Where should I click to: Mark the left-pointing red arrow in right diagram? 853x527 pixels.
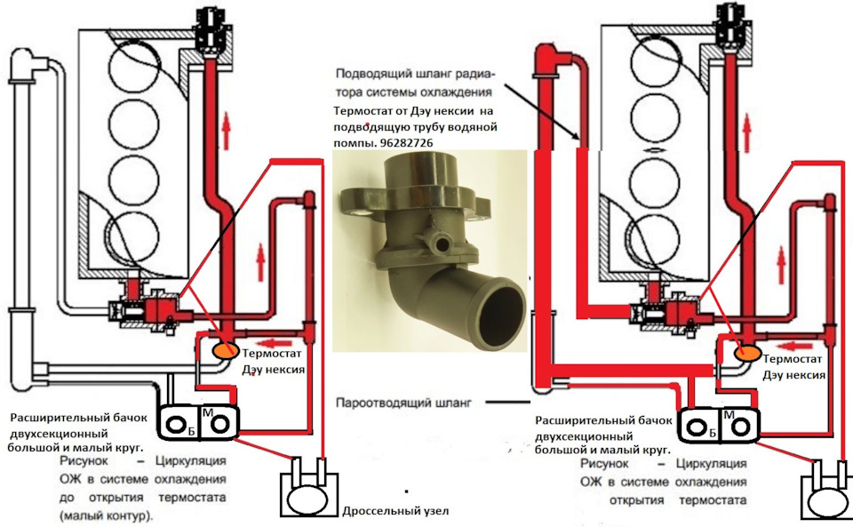pyautogui.click(x=794, y=339)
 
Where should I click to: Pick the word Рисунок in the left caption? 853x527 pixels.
pyautogui.click(x=85, y=462)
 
